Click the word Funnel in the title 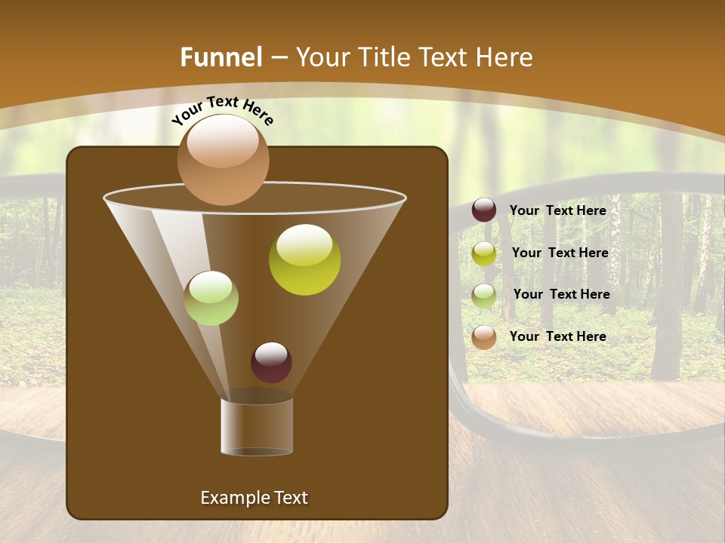pyautogui.click(x=221, y=57)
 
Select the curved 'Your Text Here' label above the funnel pyautogui.click(x=223, y=110)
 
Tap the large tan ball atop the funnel pyautogui.click(x=223, y=160)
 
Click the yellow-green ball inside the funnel pyautogui.click(x=304, y=260)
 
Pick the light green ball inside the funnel pyautogui.click(x=211, y=298)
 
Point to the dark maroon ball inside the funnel pyautogui.click(x=271, y=362)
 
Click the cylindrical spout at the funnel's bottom pyautogui.click(x=257, y=426)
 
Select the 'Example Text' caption pyautogui.click(x=254, y=498)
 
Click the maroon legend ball pyautogui.click(x=484, y=210)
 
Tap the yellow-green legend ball pyautogui.click(x=484, y=253)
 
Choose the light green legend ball pyautogui.click(x=484, y=296)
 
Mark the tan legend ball pyautogui.click(x=484, y=337)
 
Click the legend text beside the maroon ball pyautogui.click(x=557, y=210)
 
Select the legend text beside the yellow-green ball pyautogui.click(x=560, y=253)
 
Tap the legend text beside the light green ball pyautogui.click(x=561, y=294)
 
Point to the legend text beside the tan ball pyautogui.click(x=557, y=336)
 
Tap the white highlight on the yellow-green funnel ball pyautogui.click(x=304, y=243)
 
